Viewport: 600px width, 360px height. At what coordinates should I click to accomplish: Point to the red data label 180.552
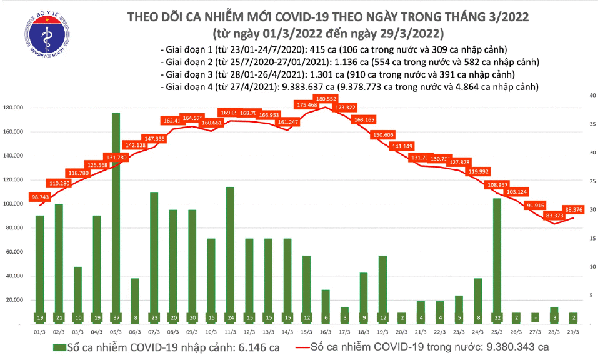(x=326, y=99)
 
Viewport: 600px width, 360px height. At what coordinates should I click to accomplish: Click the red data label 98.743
(x=39, y=197)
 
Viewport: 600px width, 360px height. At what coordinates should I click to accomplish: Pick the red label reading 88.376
(x=574, y=209)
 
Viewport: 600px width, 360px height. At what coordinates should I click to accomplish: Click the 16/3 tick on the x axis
(x=326, y=331)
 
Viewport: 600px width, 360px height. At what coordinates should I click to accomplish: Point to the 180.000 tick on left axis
(x=14, y=108)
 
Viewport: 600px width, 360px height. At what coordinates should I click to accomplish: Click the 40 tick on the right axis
(x=591, y=96)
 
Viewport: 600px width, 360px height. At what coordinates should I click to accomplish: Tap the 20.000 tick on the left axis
(x=16, y=300)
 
